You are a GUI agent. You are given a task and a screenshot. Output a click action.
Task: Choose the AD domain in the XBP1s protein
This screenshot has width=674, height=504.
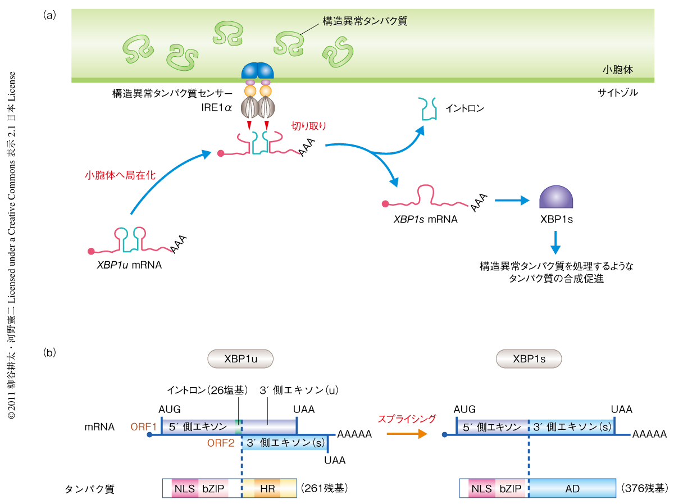(572, 488)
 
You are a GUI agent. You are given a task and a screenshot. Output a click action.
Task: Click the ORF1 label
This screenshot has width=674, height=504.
(144, 427)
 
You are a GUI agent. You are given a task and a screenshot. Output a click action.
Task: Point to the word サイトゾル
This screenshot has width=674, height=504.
(618, 92)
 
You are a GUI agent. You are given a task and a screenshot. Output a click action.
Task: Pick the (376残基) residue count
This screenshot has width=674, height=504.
(644, 488)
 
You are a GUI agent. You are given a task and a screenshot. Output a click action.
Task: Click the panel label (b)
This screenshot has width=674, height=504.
(49, 353)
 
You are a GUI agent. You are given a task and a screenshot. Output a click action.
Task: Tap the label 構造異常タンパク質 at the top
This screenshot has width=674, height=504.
(364, 21)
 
